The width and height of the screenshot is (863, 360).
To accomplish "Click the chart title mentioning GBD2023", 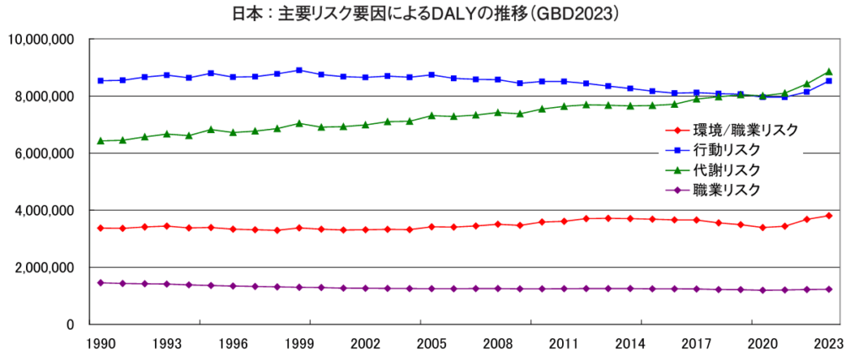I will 431,14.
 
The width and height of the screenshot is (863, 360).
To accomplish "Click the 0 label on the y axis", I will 70,325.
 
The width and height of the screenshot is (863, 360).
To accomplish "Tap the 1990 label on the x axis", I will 100,344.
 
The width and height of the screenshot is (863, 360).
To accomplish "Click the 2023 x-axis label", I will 828,344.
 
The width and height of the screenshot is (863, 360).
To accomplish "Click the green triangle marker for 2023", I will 828,72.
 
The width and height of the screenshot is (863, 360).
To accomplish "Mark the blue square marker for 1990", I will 101,81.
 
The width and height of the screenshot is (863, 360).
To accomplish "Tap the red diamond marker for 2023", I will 828,216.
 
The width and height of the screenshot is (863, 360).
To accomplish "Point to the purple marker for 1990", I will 101,282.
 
